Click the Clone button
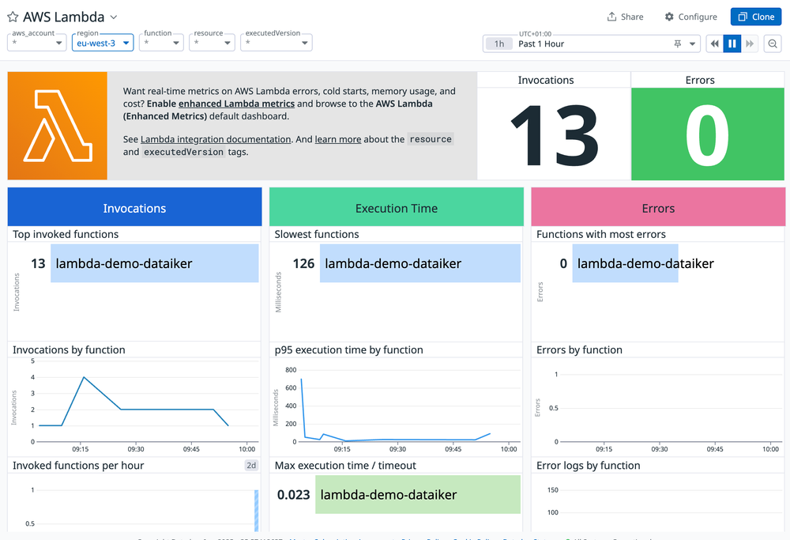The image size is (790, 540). pos(756,17)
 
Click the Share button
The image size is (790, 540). pos(625,17)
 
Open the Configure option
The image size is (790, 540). pos(690,17)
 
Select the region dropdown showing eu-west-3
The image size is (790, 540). pos(102,43)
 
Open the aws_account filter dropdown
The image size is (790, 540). pos(36,43)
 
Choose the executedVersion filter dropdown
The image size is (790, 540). pos(276,43)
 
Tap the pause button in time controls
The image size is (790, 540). pos(732,43)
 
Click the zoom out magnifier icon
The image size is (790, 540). pos(773,43)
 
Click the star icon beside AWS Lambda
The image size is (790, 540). pos(13,17)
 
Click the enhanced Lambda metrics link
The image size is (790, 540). pos(236,104)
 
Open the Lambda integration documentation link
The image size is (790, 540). pos(216,139)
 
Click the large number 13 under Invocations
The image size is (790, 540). pos(553,135)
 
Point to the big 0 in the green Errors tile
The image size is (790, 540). pos(707,135)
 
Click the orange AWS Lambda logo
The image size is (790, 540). pos(57,126)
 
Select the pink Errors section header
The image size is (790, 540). pos(658,209)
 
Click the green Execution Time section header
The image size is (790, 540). pos(396,209)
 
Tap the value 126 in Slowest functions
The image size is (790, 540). pos(303,264)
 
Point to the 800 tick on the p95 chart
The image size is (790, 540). pos(290,370)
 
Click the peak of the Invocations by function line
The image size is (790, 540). pos(85,377)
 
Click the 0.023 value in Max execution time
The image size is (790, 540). pos(293,495)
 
